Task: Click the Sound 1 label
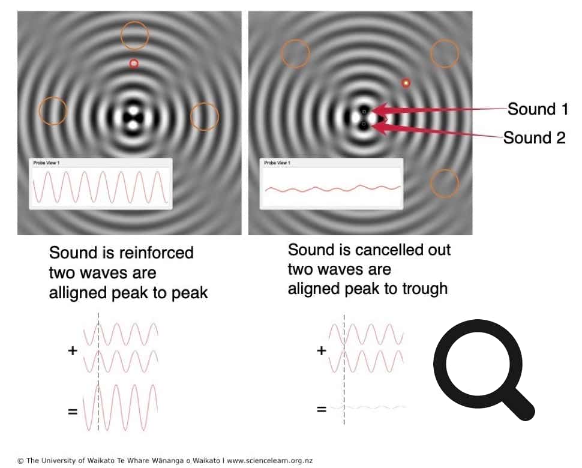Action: (537, 109)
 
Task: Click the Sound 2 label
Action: (534, 138)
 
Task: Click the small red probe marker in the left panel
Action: (134, 64)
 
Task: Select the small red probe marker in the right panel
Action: (406, 83)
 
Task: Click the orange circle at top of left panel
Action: (134, 36)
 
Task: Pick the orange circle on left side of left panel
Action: (53, 111)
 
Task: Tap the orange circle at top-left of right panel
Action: (295, 53)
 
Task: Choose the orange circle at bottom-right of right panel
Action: (445, 183)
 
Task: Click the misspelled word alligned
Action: (77, 293)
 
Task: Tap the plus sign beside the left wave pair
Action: (73, 350)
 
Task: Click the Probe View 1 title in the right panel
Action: (277, 163)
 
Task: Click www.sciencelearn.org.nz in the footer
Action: (269, 461)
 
